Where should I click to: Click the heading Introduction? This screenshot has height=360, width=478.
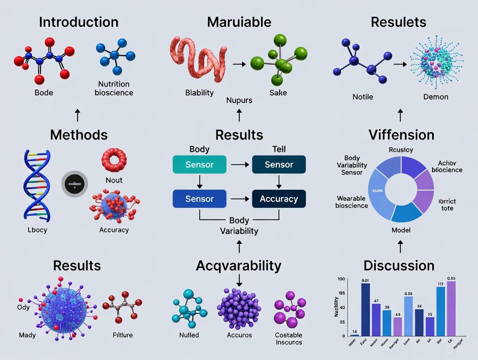tap(78, 22)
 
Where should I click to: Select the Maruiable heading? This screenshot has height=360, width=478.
tap(239, 22)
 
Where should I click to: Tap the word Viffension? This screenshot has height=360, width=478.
tap(401, 135)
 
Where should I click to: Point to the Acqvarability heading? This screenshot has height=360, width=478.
tap(239, 265)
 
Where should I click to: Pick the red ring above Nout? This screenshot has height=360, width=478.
tap(114, 160)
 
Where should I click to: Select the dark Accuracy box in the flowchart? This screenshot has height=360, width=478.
tap(279, 199)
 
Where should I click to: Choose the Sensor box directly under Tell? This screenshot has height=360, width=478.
tap(279, 165)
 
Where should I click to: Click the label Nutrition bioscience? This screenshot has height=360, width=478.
tap(114, 88)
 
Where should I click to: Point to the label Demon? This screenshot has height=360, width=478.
tap(436, 96)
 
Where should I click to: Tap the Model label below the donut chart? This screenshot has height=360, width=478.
tap(400, 230)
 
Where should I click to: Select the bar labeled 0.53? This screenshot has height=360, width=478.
tap(451, 308)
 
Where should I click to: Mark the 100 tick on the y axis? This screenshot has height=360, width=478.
tap(341, 280)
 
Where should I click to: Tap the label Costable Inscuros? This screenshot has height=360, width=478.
tap(288, 338)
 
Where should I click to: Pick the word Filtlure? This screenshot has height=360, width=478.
tap(123, 335)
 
